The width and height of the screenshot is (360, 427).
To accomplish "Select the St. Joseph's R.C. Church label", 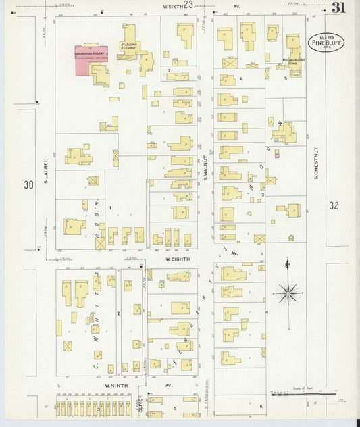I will tap(128, 46).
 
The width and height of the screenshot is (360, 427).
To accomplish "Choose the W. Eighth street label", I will tap(178, 259).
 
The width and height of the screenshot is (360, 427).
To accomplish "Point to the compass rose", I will tap(288, 292).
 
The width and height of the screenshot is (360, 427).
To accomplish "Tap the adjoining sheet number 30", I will tap(28, 184).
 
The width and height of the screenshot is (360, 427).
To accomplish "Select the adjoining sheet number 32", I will tap(335, 205).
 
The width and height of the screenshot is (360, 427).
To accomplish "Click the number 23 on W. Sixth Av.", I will tap(188, 5).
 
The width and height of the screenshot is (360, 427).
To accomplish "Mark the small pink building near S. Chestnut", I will tap(277, 155).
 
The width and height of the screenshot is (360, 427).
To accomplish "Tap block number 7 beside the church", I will tap(168, 70).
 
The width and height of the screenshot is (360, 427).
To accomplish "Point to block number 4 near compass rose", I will tap(267, 313).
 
